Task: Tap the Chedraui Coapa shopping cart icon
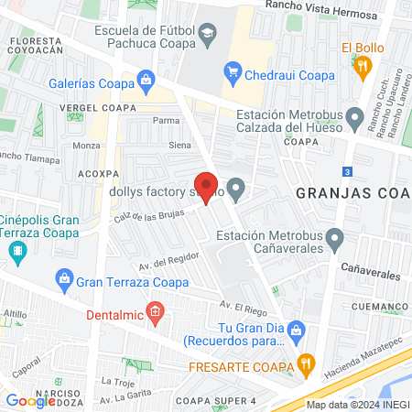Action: pos(233,72)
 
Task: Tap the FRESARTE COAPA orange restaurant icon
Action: pos(309,366)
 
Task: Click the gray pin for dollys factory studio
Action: pos(237,191)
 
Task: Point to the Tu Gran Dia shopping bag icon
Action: pos(296,330)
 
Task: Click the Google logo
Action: pos(30,400)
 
